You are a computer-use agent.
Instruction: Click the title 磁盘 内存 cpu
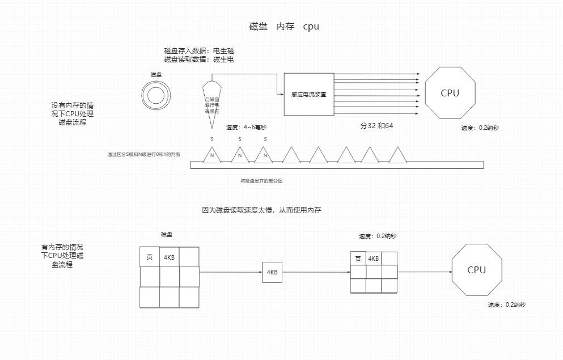(x=284, y=26)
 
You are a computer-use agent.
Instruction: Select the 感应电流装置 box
(x=308, y=95)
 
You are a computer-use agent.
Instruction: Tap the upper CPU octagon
(x=450, y=93)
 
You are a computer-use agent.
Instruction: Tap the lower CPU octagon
(x=476, y=270)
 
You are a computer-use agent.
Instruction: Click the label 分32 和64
(x=376, y=125)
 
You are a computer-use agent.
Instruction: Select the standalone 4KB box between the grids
(x=272, y=272)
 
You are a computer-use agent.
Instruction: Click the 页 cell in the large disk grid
(x=150, y=257)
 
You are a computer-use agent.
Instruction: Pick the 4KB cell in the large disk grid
(x=169, y=257)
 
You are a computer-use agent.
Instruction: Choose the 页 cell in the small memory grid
(x=357, y=259)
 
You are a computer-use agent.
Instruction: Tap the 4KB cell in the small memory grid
(x=373, y=259)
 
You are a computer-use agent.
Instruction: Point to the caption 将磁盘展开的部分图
(x=261, y=181)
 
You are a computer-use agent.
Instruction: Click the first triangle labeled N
(x=212, y=155)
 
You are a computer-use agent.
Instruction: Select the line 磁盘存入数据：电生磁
(x=198, y=51)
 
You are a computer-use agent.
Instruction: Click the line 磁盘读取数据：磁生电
(x=198, y=59)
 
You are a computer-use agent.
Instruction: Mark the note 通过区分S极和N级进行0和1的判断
(x=144, y=155)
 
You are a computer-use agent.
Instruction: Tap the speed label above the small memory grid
(x=378, y=236)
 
